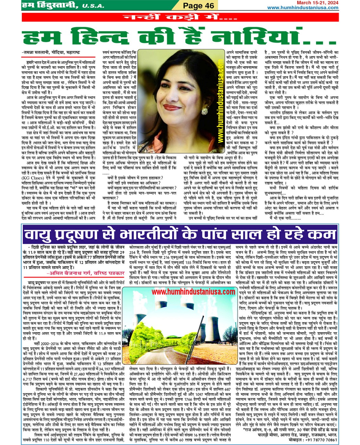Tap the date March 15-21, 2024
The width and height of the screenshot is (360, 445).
pyautogui.click(x=317, y=3)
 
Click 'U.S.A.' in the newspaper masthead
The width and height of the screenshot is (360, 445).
pyautogui.click(x=93, y=6)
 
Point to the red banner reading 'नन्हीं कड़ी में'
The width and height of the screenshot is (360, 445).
pyautogui.click(x=180, y=17)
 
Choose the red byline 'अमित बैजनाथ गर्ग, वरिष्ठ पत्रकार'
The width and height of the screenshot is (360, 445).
pyautogui.click(x=86, y=273)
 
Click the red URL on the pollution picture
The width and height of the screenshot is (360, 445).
pyautogui.click(x=193, y=292)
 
